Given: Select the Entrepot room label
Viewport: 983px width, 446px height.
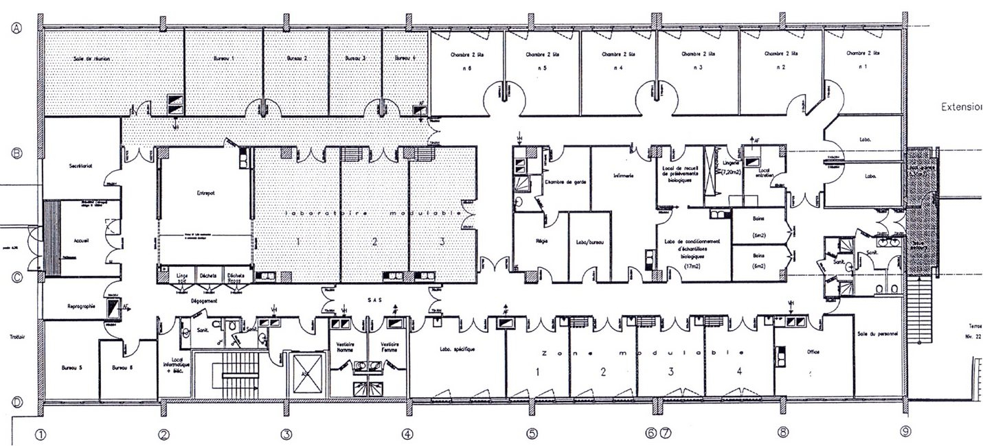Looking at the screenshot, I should [x=205, y=193].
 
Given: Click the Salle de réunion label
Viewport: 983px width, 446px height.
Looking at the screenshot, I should [x=92, y=59].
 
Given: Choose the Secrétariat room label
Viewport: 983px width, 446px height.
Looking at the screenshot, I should [x=80, y=166].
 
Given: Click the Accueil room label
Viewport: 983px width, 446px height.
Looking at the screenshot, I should [x=82, y=240].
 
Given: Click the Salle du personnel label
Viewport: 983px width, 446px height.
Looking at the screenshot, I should [x=878, y=334].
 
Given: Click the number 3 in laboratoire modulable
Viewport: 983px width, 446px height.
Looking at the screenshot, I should [x=442, y=242].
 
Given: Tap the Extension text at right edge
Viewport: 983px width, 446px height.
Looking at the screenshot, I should [x=962, y=108].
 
